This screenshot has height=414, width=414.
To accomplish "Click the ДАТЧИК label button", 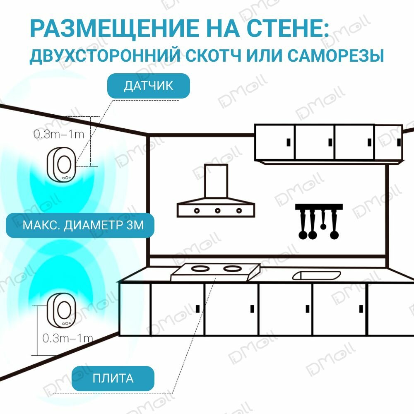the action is pos(149,86).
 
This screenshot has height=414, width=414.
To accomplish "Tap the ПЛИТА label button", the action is pos(113,378).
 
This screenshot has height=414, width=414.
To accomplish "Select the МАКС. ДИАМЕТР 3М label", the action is pos(80,225).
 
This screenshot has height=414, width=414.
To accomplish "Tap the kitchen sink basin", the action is pos(316,275).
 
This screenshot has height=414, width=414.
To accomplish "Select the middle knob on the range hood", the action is pos(217,210).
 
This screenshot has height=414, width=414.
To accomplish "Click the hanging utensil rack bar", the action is pos(319,206).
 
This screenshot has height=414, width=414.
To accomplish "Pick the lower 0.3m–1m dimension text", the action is pos(68,338).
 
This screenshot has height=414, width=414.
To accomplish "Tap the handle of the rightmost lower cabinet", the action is pos(361,308).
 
